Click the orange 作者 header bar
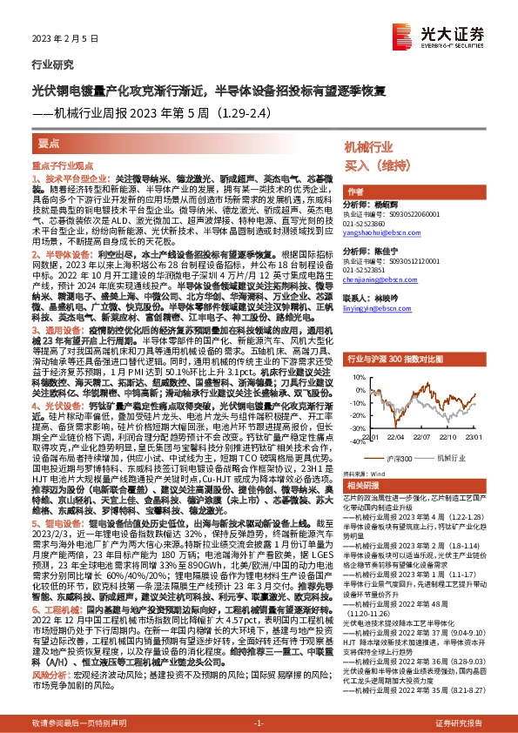tap(357, 191)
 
